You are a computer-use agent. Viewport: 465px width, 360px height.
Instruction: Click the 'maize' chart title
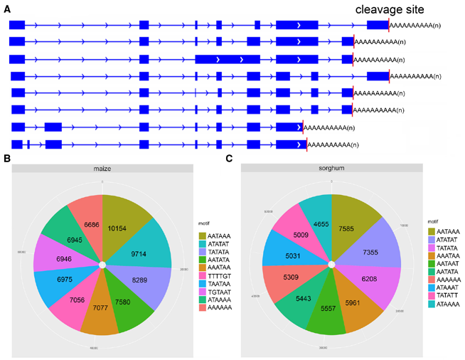point(102,169)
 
